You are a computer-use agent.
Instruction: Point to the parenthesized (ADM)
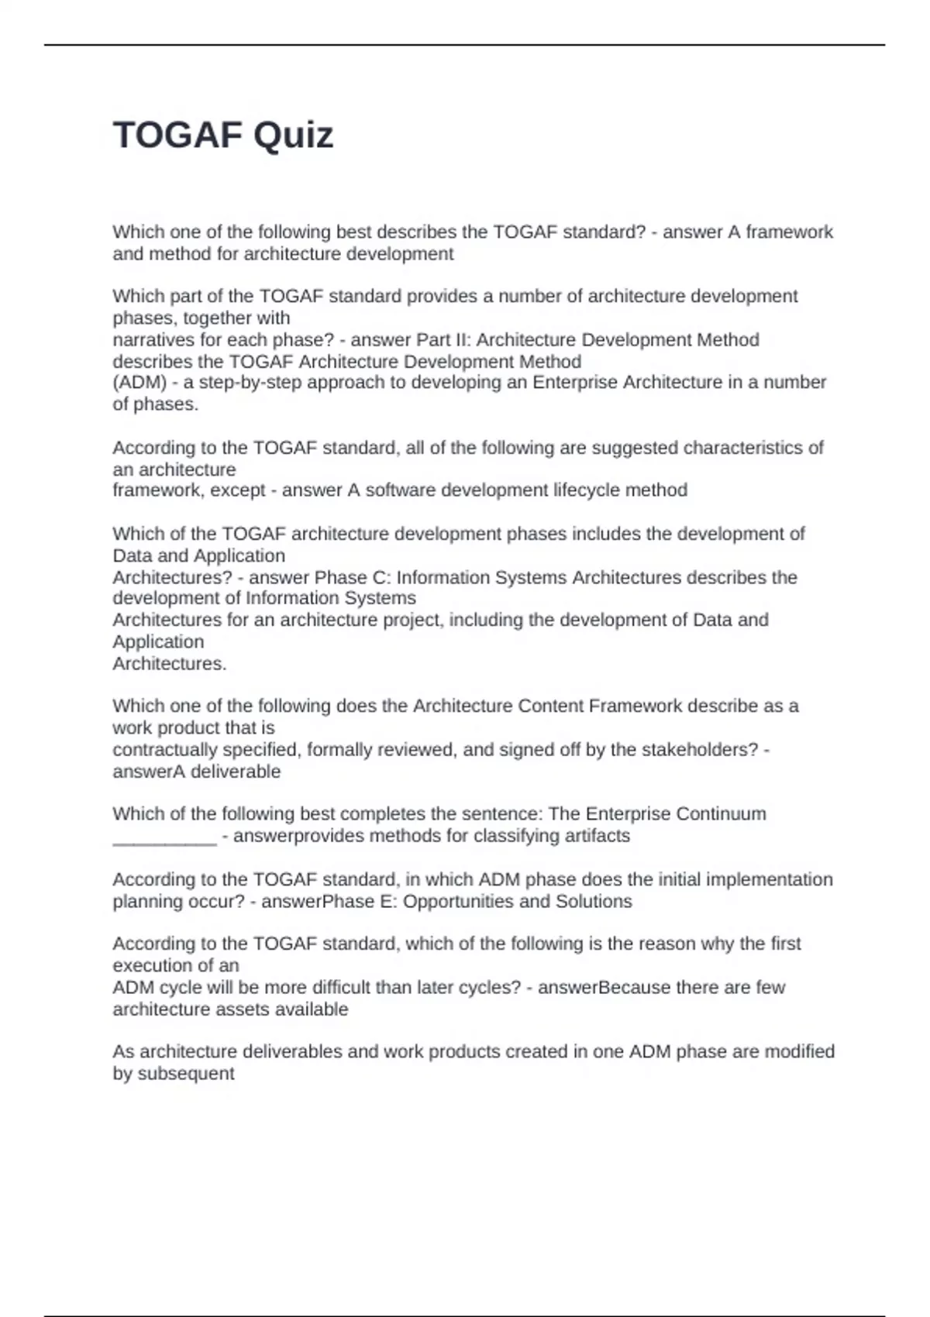[x=139, y=383]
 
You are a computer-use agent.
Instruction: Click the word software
[x=398, y=490]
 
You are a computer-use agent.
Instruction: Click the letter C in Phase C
[x=384, y=578]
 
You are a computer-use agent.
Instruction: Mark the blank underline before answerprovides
[x=164, y=837]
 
